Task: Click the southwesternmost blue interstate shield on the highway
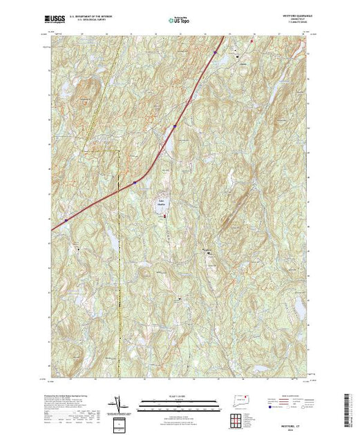pyautogui.click(x=65, y=220)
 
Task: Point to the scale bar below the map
pyautogui.click(x=180, y=404)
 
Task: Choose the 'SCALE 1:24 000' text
pyautogui.click(x=180, y=396)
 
